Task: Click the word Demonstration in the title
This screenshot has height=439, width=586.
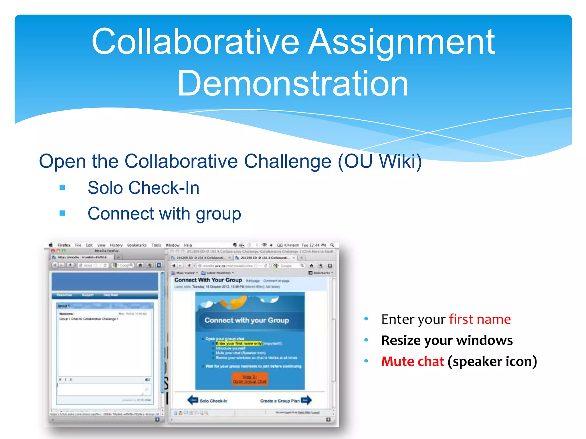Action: tap(293, 83)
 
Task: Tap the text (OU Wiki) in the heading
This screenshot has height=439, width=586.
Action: tap(380, 161)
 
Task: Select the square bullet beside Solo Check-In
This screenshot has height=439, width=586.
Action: tap(62, 188)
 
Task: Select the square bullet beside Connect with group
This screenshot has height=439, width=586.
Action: tap(62, 213)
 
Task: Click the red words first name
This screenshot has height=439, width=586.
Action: tap(480, 319)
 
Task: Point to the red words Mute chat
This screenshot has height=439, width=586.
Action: tap(413, 362)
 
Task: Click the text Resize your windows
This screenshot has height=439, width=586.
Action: tap(447, 340)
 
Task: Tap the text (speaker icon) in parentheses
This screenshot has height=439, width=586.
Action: tap(492, 362)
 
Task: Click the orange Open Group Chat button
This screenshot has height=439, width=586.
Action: tap(250, 379)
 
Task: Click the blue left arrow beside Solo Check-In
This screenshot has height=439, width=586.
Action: tap(193, 400)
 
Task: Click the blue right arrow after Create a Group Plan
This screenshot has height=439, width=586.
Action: tap(306, 400)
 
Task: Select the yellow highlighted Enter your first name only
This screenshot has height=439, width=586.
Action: tap(239, 344)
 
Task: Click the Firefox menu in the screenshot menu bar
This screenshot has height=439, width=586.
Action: tap(64, 245)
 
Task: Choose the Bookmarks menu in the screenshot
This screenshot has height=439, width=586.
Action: tap(137, 245)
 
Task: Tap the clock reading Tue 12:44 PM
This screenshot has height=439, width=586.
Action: tap(314, 245)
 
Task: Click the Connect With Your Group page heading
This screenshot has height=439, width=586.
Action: tap(208, 280)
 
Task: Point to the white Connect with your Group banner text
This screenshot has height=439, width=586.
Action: tap(247, 320)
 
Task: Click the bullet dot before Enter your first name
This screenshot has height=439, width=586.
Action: tap(366, 319)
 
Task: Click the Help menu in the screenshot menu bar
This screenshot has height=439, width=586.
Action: tap(188, 245)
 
